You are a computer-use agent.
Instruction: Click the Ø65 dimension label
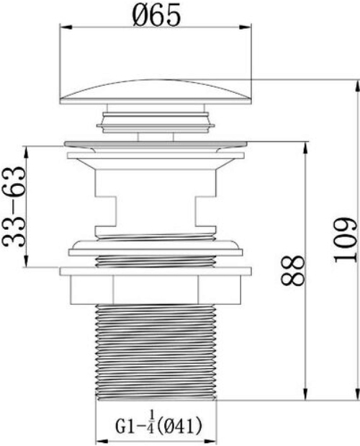(x=156, y=15)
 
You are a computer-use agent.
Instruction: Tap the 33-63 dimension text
(x=14, y=207)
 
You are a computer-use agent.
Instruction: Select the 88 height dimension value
(x=292, y=270)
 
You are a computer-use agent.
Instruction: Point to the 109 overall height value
(x=345, y=241)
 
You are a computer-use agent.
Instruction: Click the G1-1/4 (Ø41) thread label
(x=158, y=426)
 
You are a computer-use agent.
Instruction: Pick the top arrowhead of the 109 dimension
(x=357, y=86)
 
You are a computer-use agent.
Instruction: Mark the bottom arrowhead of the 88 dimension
(x=306, y=393)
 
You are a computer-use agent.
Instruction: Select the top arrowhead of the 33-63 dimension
(x=26, y=152)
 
